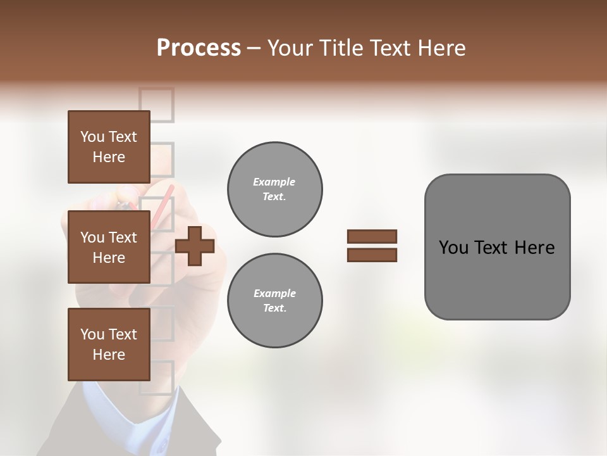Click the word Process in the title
(x=199, y=48)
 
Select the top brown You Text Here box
(x=109, y=147)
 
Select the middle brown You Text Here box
(x=109, y=247)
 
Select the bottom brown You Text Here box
(x=109, y=345)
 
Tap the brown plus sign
(x=195, y=246)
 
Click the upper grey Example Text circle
(x=274, y=189)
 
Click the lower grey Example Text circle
(x=274, y=301)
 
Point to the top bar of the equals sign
(x=372, y=236)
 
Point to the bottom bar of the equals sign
(x=372, y=255)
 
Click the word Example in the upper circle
(x=274, y=182)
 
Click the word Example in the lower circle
(x=274, y=293)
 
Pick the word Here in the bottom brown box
(x=109, y=355)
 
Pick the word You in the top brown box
(x=92, y=137)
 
